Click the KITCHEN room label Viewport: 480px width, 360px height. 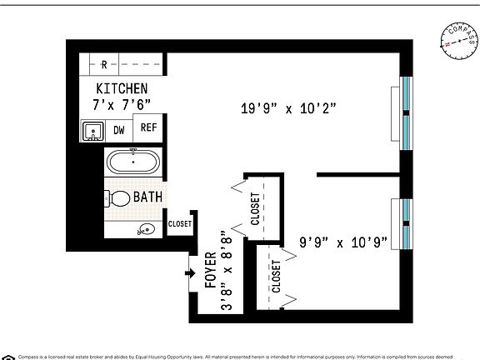(122, 88)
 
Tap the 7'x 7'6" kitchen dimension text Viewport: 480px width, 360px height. (122, 103)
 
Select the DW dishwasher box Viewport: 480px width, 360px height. (118, 130)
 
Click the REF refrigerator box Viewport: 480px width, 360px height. (147, 127)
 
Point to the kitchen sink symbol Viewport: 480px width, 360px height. (92, 131)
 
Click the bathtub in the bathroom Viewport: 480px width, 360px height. (133, 161)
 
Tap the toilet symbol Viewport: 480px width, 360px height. (116, 198)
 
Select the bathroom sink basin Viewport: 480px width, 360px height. (145, 229)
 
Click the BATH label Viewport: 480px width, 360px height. (147, 198)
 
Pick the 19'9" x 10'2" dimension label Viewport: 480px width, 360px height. (287, 107)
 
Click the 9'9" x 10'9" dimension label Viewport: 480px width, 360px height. (343, 243)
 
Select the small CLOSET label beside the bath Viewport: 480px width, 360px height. (179, 223)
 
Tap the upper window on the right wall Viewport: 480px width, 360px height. (405, 114)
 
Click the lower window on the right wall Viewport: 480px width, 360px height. (405, 223)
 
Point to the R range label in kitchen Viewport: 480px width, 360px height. (103, 64)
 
